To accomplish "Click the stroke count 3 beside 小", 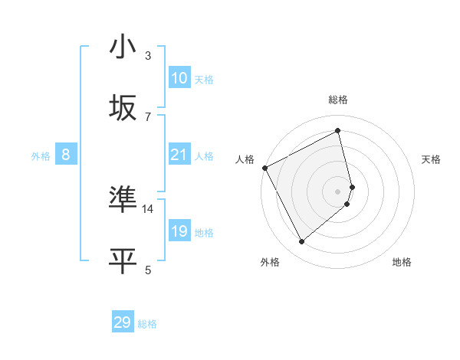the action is [x=148, y=56].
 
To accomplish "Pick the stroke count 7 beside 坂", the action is [x=148, y=116].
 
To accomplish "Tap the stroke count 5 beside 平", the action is [x=148, y=269].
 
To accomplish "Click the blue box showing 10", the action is [x=179, y=78].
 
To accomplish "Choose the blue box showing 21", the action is [x=179, y=155].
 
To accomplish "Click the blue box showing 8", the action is [x=66, y=155].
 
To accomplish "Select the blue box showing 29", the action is [x=123, y=322].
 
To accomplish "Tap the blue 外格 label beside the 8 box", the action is [x=41, y=156].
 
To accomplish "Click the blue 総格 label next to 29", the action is [x=147, y=324].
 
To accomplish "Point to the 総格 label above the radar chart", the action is [x=338, y=100].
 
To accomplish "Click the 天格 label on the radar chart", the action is [x=432, y=159].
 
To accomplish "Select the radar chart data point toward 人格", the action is [x=264, y=168].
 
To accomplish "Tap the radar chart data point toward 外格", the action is [x=301, y=242].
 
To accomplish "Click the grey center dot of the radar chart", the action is [x=338, y=191].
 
